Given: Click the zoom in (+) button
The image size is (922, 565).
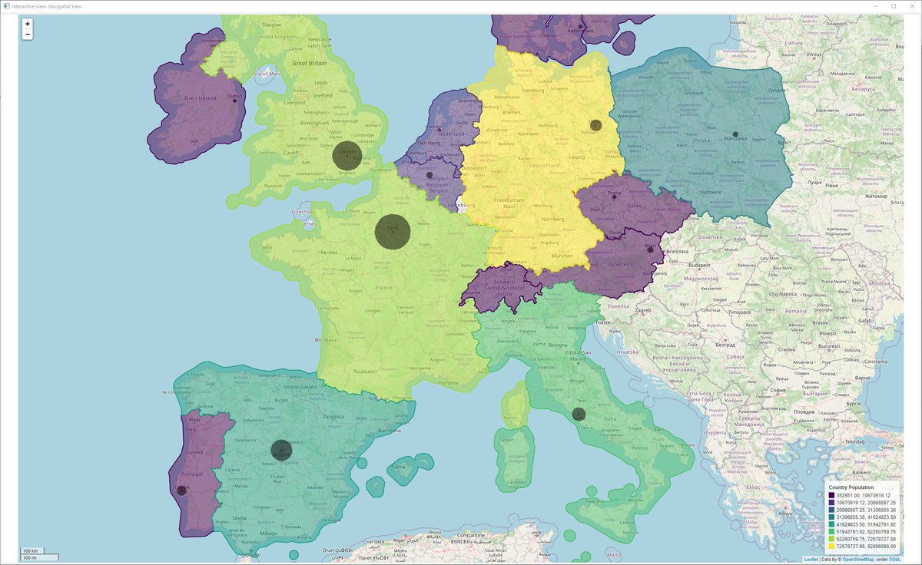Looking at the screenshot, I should coord(28,24).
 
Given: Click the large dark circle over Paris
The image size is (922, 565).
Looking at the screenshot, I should coord(393,230).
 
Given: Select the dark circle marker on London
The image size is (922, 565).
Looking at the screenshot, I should coord(345,155).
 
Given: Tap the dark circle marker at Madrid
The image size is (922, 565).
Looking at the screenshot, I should coord(281,451).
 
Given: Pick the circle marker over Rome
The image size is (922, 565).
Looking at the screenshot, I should coord(579,415).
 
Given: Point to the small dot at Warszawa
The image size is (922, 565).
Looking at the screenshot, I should coord(735,134).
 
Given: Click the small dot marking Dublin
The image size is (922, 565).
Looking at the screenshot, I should coord(234,101).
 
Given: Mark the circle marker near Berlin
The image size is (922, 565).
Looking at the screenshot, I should coord(595,125).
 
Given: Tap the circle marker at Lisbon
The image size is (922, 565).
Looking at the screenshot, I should coord(181,490).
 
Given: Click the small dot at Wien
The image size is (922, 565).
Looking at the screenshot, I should coord(650,249).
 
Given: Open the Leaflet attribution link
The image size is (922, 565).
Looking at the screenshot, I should coord(811,559).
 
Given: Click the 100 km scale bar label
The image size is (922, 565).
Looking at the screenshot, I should coord(32,551).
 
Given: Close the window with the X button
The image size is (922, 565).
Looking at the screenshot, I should coord(910,6).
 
